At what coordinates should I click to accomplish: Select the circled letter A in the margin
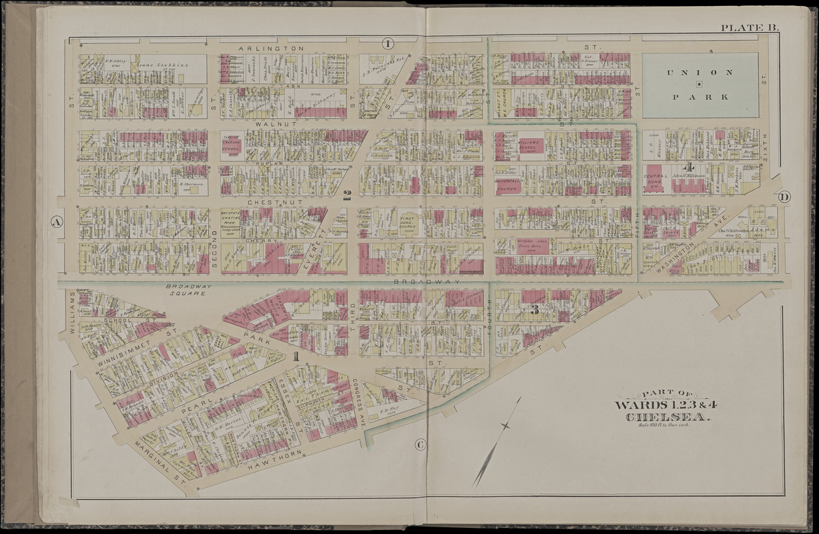point(57,223)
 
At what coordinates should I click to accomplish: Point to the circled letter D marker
point(784,196)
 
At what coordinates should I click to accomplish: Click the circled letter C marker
point(420,445)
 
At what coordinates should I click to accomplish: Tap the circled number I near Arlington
point(388,44)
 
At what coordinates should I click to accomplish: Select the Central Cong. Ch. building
point(656,180)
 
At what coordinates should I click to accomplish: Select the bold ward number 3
point(534,309)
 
